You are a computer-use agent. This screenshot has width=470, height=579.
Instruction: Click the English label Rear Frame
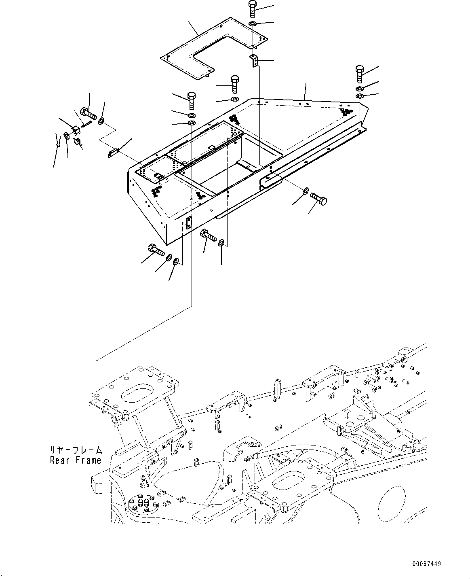click(76, 460)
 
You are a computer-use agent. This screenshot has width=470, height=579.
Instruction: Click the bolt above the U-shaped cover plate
click(252, 9)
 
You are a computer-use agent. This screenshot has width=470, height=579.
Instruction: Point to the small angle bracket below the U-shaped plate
click(253, 60)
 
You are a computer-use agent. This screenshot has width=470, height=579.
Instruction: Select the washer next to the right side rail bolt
click(306, 190)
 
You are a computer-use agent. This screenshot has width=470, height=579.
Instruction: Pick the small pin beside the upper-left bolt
click(86, 124)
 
